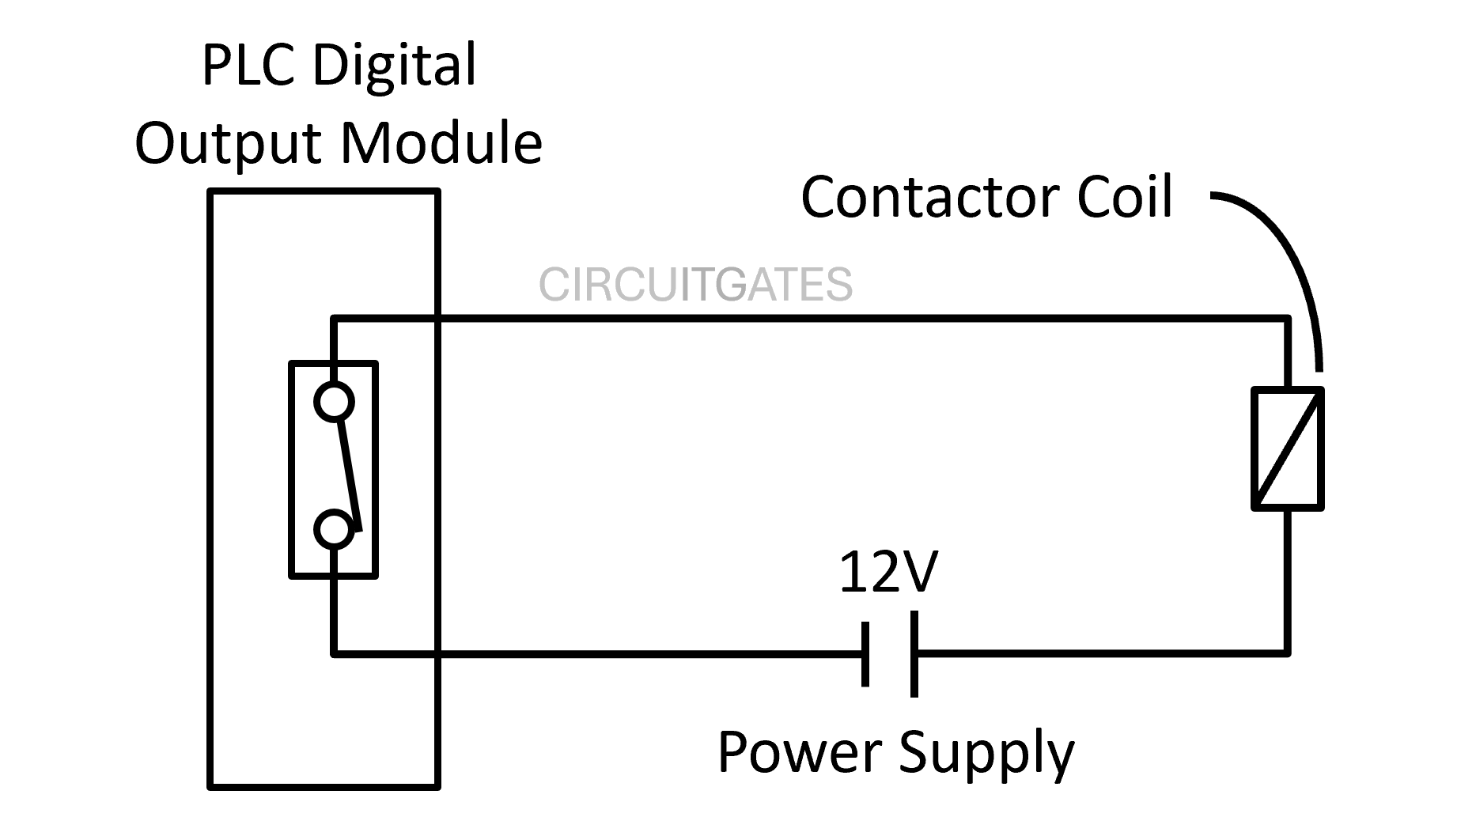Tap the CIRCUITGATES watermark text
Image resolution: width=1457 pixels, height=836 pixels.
coord(695,285)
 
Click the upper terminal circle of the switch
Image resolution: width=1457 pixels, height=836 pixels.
coord(334,402)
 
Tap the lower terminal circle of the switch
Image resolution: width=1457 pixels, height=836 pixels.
coord(334,530)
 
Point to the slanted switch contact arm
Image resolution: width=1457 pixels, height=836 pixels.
coord(350,475)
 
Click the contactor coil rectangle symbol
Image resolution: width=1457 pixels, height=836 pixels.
coord(1287,448)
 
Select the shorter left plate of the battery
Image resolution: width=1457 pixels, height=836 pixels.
coord(866,653)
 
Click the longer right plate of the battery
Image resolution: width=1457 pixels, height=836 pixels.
coord(914,653)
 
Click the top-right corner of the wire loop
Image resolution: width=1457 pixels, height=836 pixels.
coord(1287,320)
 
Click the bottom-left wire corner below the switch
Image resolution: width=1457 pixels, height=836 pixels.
coord(335,653)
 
